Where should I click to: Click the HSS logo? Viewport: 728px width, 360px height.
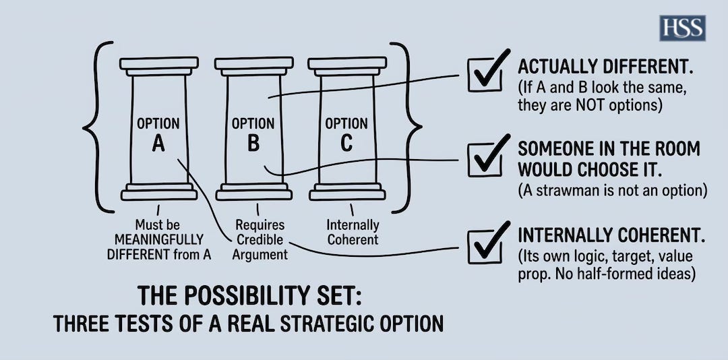tap(682, 28)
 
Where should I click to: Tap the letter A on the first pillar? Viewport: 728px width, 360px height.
tap(158, 143)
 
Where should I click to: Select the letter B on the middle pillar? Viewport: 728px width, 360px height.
tap(253, 143)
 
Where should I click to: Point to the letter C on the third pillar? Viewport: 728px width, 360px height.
tap(346, 143)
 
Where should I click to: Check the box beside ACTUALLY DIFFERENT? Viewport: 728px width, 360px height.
tap(485, 73)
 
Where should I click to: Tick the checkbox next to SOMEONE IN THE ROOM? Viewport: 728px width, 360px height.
tap(485, 159)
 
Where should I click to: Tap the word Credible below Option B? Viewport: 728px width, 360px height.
tap(260, 239)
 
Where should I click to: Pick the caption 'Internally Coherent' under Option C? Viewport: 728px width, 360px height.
tap(353, 232)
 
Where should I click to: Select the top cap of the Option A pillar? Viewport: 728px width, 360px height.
tap(159, 64)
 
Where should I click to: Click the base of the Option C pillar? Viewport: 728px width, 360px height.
tap(347, 193)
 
